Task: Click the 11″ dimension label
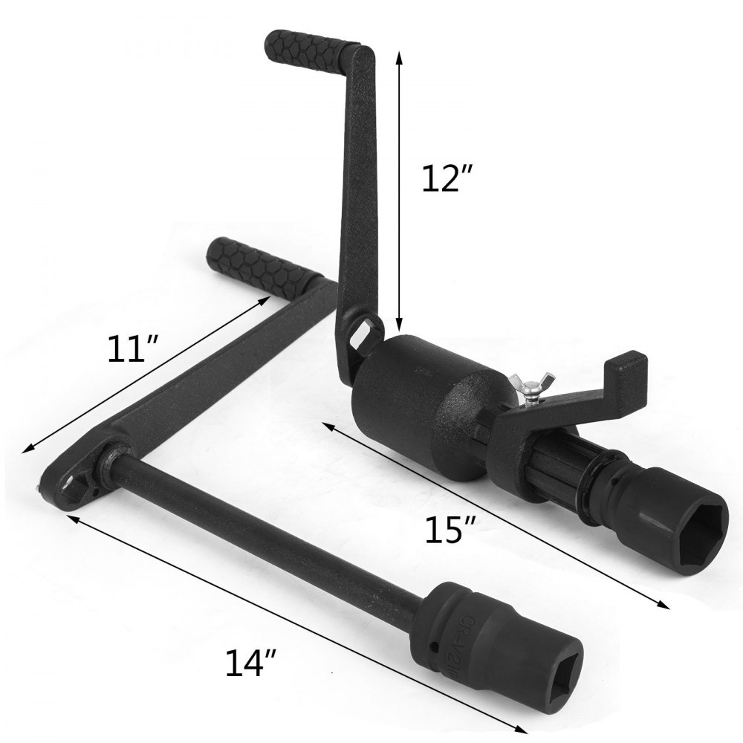point(133,348)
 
